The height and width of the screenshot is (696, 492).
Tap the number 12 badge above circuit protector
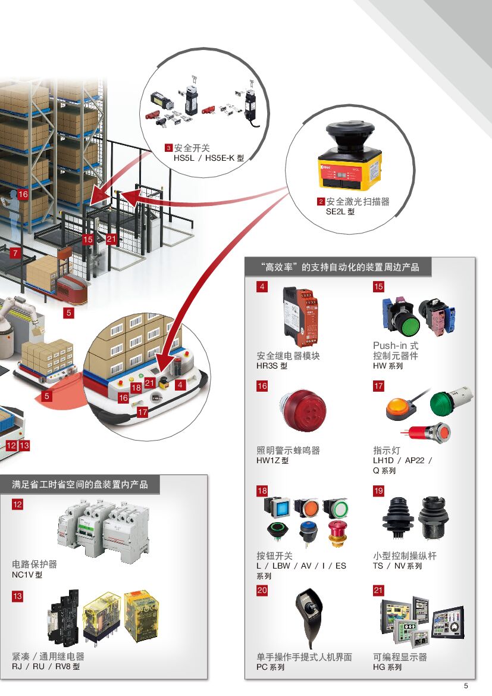coord(18,504)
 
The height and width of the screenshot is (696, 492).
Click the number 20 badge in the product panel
coord(262,591)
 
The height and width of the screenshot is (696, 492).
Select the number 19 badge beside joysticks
coord(378,491)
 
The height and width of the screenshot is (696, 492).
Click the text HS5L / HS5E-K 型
coord(204,158)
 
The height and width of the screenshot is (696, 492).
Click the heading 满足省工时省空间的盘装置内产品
coord(80,485)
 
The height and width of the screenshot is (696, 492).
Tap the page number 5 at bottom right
coord(466,685)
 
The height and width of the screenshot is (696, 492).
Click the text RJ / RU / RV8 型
coord(46,667)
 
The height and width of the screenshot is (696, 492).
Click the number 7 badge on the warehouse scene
coord(15,253)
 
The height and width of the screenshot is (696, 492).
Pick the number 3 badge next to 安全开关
coord(168,148)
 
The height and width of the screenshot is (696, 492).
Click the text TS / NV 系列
coord(397,566)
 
